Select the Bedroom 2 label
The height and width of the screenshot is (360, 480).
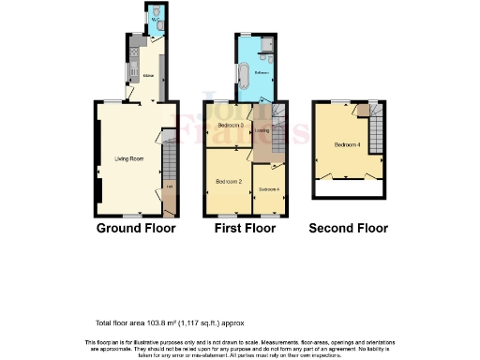pyautogui.click(x=228, y=180)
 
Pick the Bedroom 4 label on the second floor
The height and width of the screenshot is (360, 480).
pyautogui.click(x=346, y=145)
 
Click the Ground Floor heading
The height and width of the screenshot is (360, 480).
pyautogui.click(x=135, y=228)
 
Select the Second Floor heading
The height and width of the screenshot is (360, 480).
pyautogui.click(x=349, y=228)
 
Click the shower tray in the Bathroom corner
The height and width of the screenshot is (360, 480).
pyautogui.click(x=265, y=43)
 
